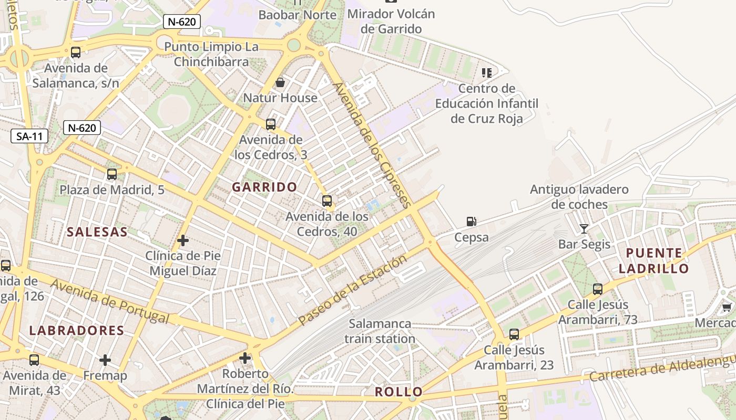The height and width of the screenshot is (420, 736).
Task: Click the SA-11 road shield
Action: [29, 136]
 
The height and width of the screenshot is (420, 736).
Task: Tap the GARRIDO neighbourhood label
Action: [265, 187]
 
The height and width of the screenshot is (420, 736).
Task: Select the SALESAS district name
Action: [97, 232]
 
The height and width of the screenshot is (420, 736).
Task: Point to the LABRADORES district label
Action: [77, 331]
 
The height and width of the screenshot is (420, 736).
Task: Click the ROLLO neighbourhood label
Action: [398, 392]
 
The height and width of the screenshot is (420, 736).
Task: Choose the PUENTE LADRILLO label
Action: [653, 261]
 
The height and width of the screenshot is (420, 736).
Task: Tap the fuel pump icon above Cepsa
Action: [472, 222]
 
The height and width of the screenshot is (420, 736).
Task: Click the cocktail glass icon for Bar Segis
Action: [584, 228]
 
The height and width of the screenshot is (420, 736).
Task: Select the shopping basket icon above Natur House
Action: [280, 82]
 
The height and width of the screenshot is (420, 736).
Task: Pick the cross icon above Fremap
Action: [105, 360]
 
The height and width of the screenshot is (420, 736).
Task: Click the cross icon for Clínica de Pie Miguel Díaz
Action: [183, 240]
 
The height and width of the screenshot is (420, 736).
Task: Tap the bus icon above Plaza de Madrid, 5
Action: [112, 174]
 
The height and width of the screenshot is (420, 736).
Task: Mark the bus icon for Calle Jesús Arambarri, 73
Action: [597, 289]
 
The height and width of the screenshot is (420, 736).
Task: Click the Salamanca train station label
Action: [380, 331]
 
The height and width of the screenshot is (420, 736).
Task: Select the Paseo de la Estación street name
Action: [352, 290]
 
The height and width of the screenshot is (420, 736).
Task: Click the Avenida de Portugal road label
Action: [110, 302]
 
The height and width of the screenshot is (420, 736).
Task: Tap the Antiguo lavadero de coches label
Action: [579, 197]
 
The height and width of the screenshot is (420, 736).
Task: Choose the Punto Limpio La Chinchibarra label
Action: [211, 54]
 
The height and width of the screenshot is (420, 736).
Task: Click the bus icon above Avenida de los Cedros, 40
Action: [327, 201]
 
